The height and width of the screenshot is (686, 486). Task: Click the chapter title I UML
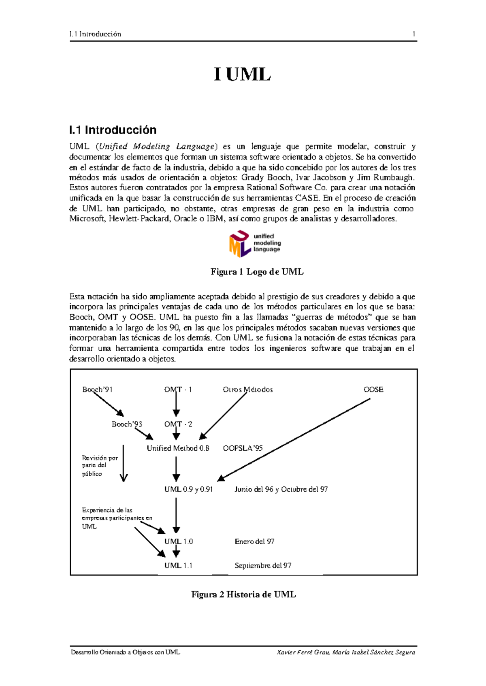pyautogui.click(x=242, y=75)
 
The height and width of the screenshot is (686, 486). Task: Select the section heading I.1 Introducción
pyautogui.click(x=113, y=130)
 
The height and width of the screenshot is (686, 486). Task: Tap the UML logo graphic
pyautogui.click(x=255, y=243)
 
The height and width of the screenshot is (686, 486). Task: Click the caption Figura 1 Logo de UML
pyautogui.click(x=257, y=272)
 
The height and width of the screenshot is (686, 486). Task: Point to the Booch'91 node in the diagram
pyautogui.click(x=97, y=390)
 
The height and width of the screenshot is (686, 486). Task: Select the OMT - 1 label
pyautogui.click(x=178, y=390)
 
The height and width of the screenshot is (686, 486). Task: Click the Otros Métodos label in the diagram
pyautogui.click(x=248, y=390)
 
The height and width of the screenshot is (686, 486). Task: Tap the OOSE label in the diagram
pyautogui.click(x=373, y=390)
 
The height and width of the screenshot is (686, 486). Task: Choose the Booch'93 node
pyautogui.click(x=127, y=424)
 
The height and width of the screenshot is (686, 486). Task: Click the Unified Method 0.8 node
pyautogui.click(x=178, y=448)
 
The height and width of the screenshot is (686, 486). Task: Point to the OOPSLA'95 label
pyautogui.click(x=243, y=448)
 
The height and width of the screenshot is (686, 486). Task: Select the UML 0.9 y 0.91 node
pyautogui.click(x=188, y=489)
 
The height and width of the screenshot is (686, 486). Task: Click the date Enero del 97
pyautogui.click(x=254, y=541)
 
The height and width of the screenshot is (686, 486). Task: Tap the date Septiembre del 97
pyautogui.click(x=263, y=566)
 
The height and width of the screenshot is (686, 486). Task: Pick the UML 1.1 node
pyautogui.click(x=178, y=566)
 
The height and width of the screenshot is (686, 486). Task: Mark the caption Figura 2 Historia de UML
pyautogui.click(x=243, y=594)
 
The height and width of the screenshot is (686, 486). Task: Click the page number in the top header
pyautogui.click(x=414, y=34)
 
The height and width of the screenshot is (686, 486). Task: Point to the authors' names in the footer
pyautogui.click(x=346, y=652)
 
